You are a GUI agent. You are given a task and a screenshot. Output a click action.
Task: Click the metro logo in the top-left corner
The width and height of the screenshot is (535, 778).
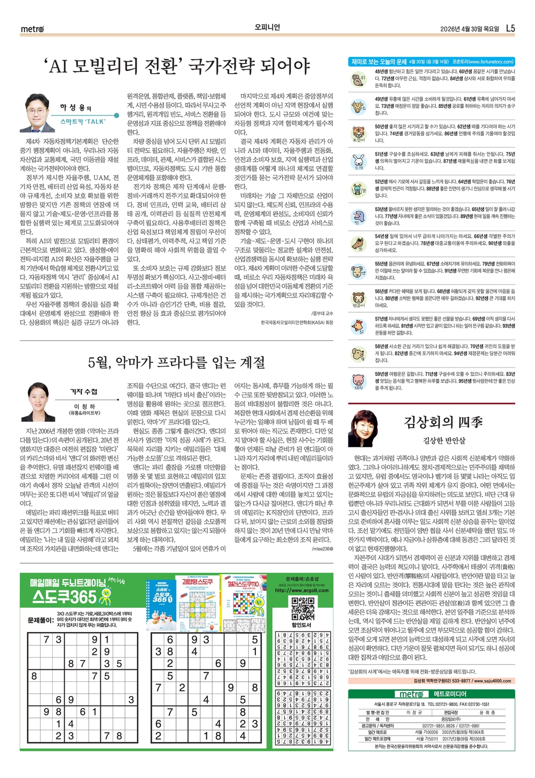coord(32,29)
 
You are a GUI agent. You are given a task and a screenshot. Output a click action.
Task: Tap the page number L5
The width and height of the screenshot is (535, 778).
coord(510,29)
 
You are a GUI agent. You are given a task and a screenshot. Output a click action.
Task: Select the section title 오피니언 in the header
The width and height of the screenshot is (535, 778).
coord(267,28)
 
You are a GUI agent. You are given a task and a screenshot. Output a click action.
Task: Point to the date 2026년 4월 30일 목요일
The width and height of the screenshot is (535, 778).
coord(469,29)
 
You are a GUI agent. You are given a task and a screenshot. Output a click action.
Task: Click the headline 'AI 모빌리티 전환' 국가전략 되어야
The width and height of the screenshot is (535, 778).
coord(178,66)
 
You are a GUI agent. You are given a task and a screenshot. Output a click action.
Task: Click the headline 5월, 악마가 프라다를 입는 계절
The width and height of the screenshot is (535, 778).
coord(177,362)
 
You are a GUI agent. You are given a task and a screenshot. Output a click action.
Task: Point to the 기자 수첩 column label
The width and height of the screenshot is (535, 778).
coord(84,392)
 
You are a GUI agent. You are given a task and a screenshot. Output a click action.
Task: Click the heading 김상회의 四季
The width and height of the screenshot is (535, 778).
coord(443,422)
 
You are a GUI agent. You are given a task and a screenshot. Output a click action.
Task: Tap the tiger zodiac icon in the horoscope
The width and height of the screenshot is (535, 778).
coord(358,133)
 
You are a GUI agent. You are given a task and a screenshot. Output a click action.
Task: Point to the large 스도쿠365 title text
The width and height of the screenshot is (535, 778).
coord(65,597)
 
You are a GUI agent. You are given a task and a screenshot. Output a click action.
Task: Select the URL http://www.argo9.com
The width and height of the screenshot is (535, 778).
coord(301,591)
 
